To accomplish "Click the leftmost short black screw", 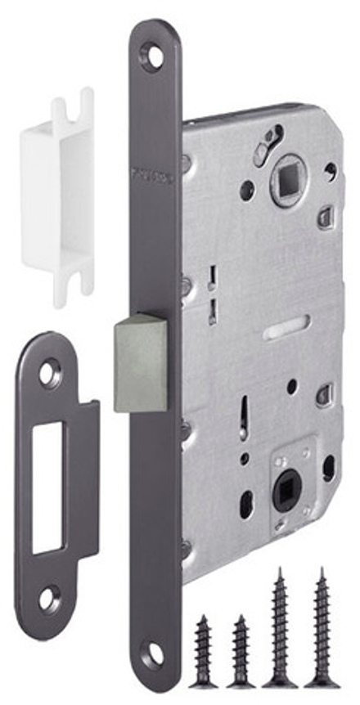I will point(203,651).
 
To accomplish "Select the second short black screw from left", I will point(241,651).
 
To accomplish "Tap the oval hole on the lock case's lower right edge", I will point(328,468).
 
